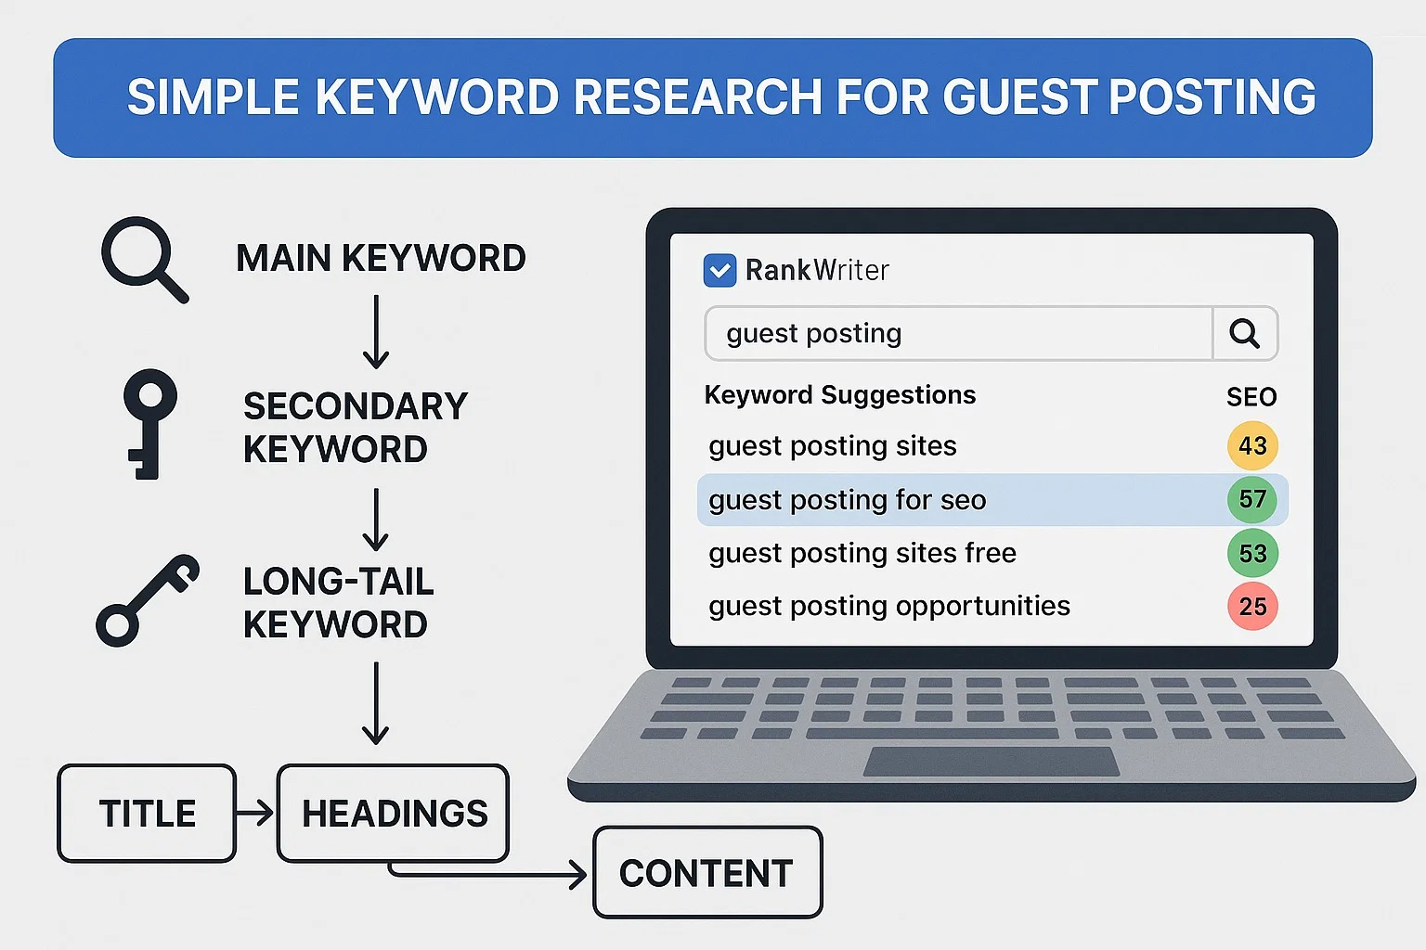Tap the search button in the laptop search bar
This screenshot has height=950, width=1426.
point(1245,333)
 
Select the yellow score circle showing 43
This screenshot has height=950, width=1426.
point(1252,445)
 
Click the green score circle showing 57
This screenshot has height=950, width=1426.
point(1252,499)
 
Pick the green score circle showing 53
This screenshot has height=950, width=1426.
point(1252,553)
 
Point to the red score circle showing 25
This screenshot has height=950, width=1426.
point(1252,606)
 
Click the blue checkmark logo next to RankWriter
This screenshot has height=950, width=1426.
point(720,270)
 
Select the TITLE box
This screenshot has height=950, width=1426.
point(147,814)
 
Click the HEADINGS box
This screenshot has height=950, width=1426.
point(394,814)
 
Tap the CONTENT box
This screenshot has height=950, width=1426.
point(707,872)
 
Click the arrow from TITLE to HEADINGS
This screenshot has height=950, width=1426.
point(255,814)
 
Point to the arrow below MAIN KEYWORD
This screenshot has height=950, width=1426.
point(376,332)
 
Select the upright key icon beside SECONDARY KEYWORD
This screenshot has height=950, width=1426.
point(150,424)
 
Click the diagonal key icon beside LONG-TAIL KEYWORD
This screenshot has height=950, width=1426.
point(148,600)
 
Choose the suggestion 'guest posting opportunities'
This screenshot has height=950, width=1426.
point(889,607)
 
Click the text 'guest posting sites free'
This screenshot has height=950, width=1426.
point(862,554)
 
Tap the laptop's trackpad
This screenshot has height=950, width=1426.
point(991,762)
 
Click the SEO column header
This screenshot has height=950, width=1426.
point(1251,397)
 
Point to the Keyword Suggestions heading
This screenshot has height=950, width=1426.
point(839,396)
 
